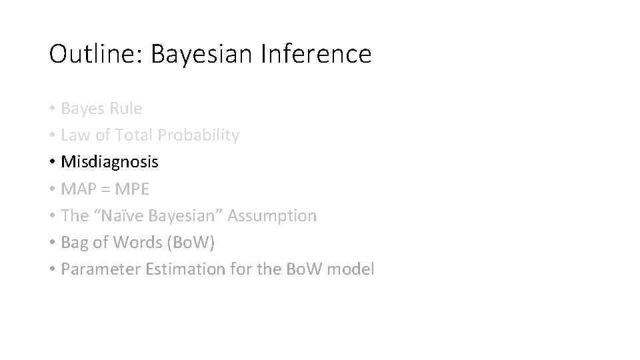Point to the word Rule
(126, 108)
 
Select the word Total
(133, 135)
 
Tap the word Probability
(198, 135)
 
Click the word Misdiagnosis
(109, 162)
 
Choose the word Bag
(75, 243)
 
